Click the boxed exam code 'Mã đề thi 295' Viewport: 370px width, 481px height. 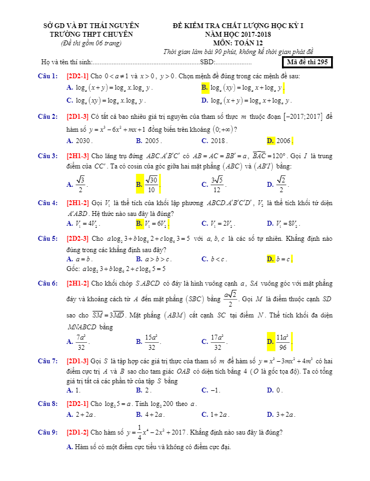click(307, 62)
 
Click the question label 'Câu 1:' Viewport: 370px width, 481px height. click(48, 76)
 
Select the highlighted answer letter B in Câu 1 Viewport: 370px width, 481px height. click(205, 87)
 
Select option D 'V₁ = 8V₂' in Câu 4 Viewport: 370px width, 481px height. click(285, 223)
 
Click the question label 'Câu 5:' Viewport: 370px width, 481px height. click(48, 238)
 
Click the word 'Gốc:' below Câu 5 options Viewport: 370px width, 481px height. click(73, 268)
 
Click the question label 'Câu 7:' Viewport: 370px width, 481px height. click(48, 360)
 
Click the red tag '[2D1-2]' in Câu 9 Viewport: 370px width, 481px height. click(78, 432)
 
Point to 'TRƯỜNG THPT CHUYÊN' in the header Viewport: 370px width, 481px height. click(91, 34)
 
